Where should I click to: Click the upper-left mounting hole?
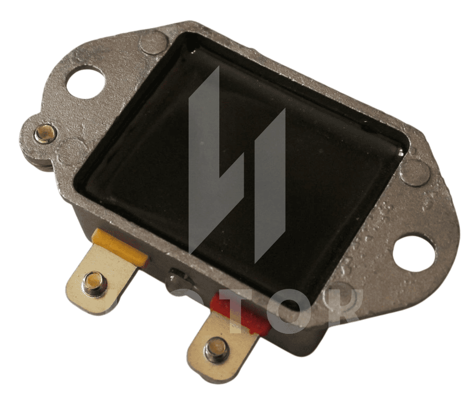coord(84,82)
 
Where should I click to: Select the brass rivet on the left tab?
coord(45,133)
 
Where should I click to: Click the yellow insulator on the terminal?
coord(120,247)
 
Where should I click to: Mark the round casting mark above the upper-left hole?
coord(154,42)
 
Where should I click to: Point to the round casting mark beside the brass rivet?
coord(72,149)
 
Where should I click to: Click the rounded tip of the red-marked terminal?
coord(212,371)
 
